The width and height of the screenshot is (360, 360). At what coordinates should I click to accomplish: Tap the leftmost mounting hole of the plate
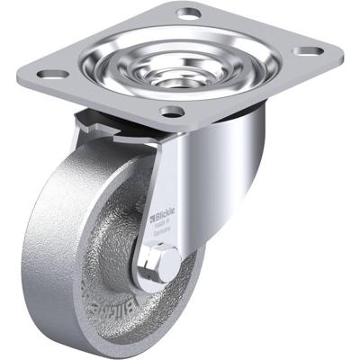[55, 75]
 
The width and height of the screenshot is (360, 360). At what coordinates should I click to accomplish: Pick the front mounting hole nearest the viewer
[171, 112]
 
